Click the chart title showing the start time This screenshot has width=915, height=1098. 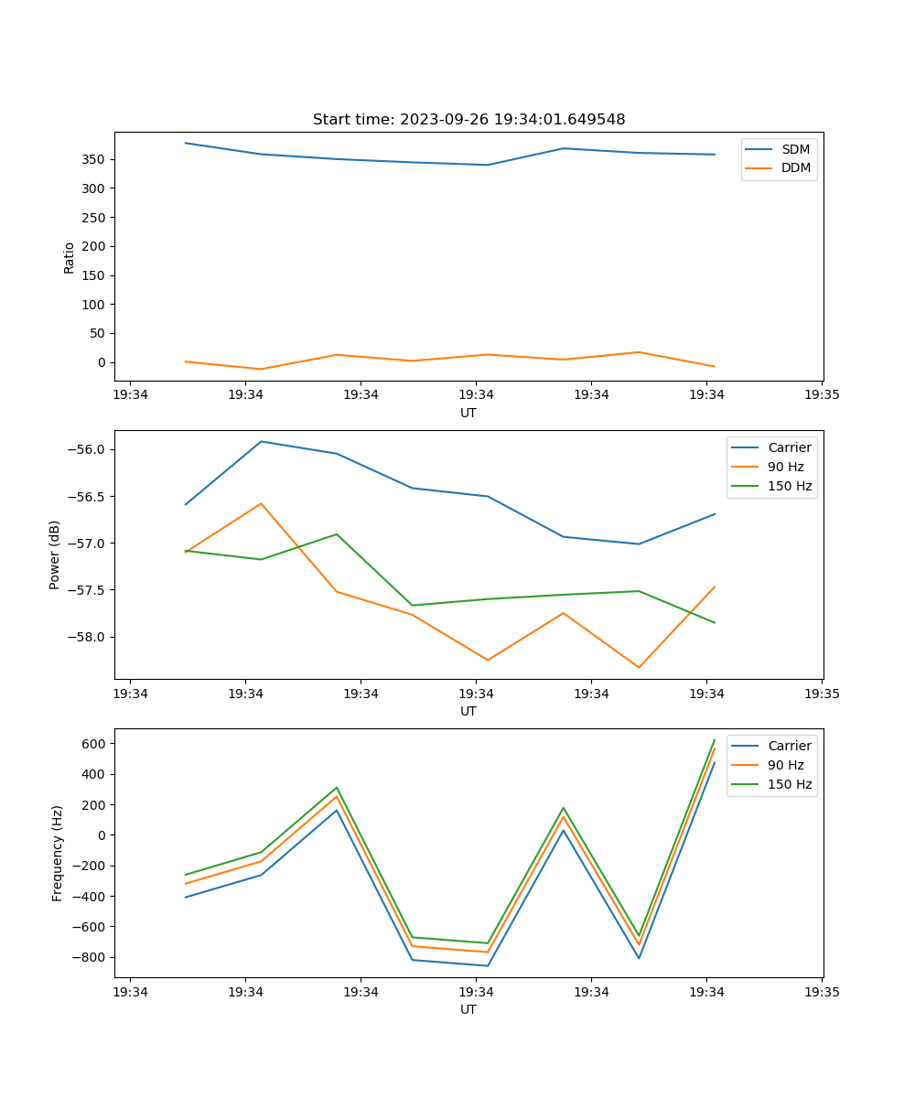click(x=468, y=120)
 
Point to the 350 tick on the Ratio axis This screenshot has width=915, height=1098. click(x=95, y=159)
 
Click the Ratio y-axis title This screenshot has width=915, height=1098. click(x=70, y=257)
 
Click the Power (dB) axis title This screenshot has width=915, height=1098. click(x=56, y=554)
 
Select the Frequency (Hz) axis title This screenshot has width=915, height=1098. click(x=58, y=853)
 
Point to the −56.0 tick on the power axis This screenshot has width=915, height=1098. click(x=89, y=449)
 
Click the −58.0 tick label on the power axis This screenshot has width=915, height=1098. click(x=89, y=637)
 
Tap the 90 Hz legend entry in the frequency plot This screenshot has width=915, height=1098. click(x=785, y=765)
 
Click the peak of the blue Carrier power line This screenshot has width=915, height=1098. click(x=261, y=441)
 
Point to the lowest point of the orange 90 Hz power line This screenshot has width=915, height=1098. click(x=639, y=668)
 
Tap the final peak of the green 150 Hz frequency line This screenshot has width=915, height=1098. click(x=715, y=739)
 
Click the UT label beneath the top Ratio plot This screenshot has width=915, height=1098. click(x=468, y=413)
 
